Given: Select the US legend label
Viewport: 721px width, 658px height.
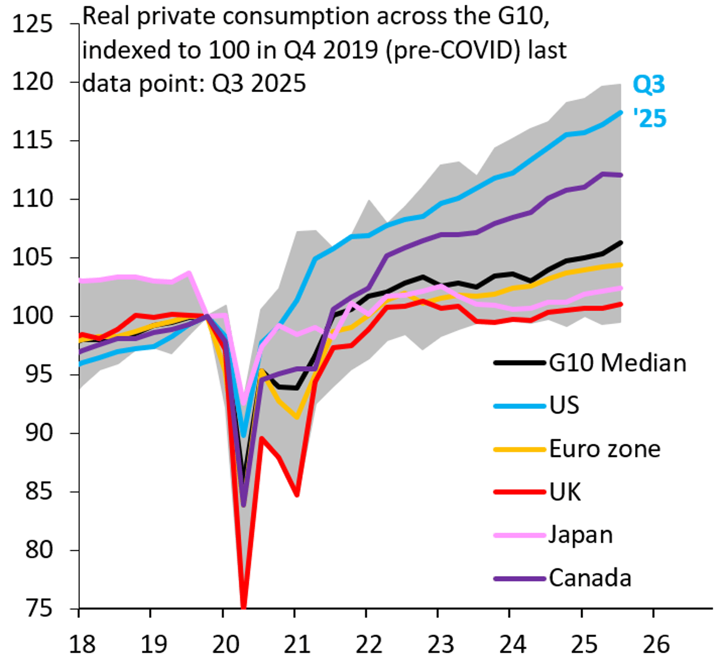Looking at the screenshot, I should tap(564, 405).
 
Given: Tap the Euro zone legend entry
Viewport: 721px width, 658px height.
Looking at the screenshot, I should tap(604, 449).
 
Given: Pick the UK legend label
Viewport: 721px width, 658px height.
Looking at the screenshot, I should tap(565, 492).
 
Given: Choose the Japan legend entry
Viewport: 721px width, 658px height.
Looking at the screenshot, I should tap(580, 535).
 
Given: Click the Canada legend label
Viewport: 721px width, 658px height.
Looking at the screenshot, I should tap(590, 578).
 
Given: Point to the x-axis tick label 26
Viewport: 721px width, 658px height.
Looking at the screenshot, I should tap(656, 644).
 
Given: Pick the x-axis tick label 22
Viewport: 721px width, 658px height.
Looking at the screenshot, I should tap(368, 644).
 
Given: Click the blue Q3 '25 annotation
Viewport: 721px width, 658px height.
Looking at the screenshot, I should tap(650, 101).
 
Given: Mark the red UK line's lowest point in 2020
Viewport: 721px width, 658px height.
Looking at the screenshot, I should tap(244, 606).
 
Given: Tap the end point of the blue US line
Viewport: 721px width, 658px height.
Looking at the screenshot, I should tap(621, 112).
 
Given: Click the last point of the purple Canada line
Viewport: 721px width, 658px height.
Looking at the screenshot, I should tap(621, 175).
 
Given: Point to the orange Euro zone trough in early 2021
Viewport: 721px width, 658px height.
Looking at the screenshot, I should tap(296, 417).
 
